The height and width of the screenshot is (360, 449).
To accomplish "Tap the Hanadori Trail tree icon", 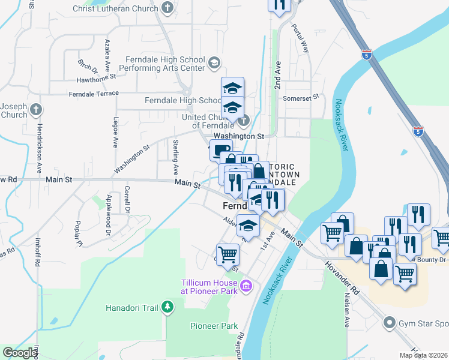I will click(167, 308).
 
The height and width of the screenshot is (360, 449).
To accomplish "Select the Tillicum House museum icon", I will click(245, 287).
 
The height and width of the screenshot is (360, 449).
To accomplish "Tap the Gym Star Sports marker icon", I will click(388, 323).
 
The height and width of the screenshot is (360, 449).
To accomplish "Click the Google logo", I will click(19, 353).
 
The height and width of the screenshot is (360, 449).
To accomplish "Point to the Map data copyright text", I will click(424, 355).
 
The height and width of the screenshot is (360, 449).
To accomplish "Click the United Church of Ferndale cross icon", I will click(243, 121).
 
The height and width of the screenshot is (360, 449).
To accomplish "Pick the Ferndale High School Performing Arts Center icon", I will click(214, 62).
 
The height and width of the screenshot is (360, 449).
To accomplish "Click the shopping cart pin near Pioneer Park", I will click(228, 255).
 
